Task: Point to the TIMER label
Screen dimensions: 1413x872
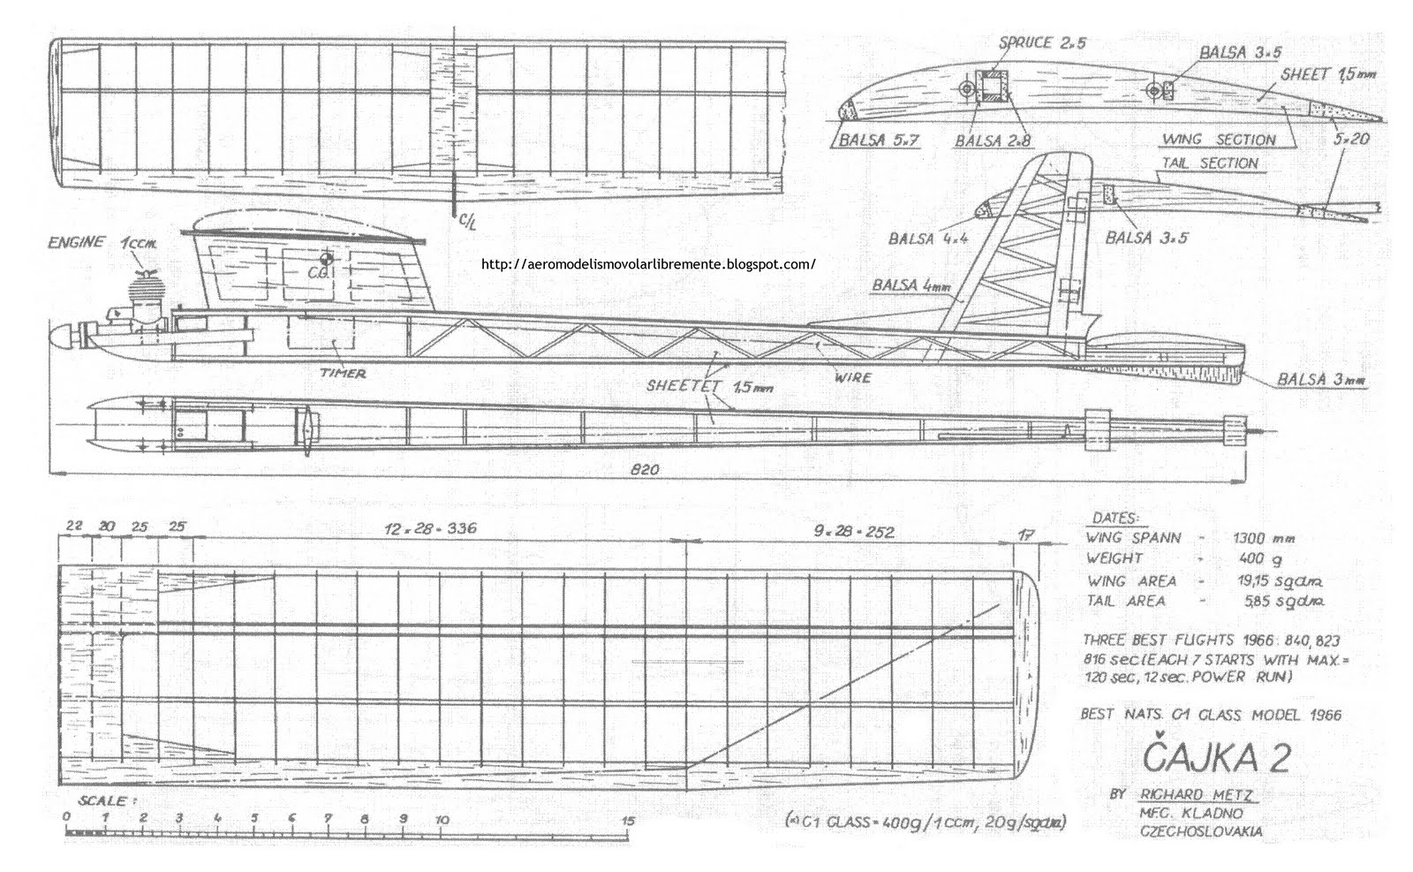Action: (x=344, y=373)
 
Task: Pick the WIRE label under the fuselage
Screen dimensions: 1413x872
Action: (x=852, y=377)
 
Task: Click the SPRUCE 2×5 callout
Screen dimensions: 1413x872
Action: (x=1031, y=42)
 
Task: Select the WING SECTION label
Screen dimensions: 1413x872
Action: (x=1219, y=140)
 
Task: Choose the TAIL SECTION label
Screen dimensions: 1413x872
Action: (x=1210, y=163)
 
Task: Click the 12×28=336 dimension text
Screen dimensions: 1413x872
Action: (x=430, y=530)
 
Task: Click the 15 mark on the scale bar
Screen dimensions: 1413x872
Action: (x=629, y=819)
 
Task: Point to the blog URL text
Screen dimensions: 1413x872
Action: (x=649, y=263)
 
